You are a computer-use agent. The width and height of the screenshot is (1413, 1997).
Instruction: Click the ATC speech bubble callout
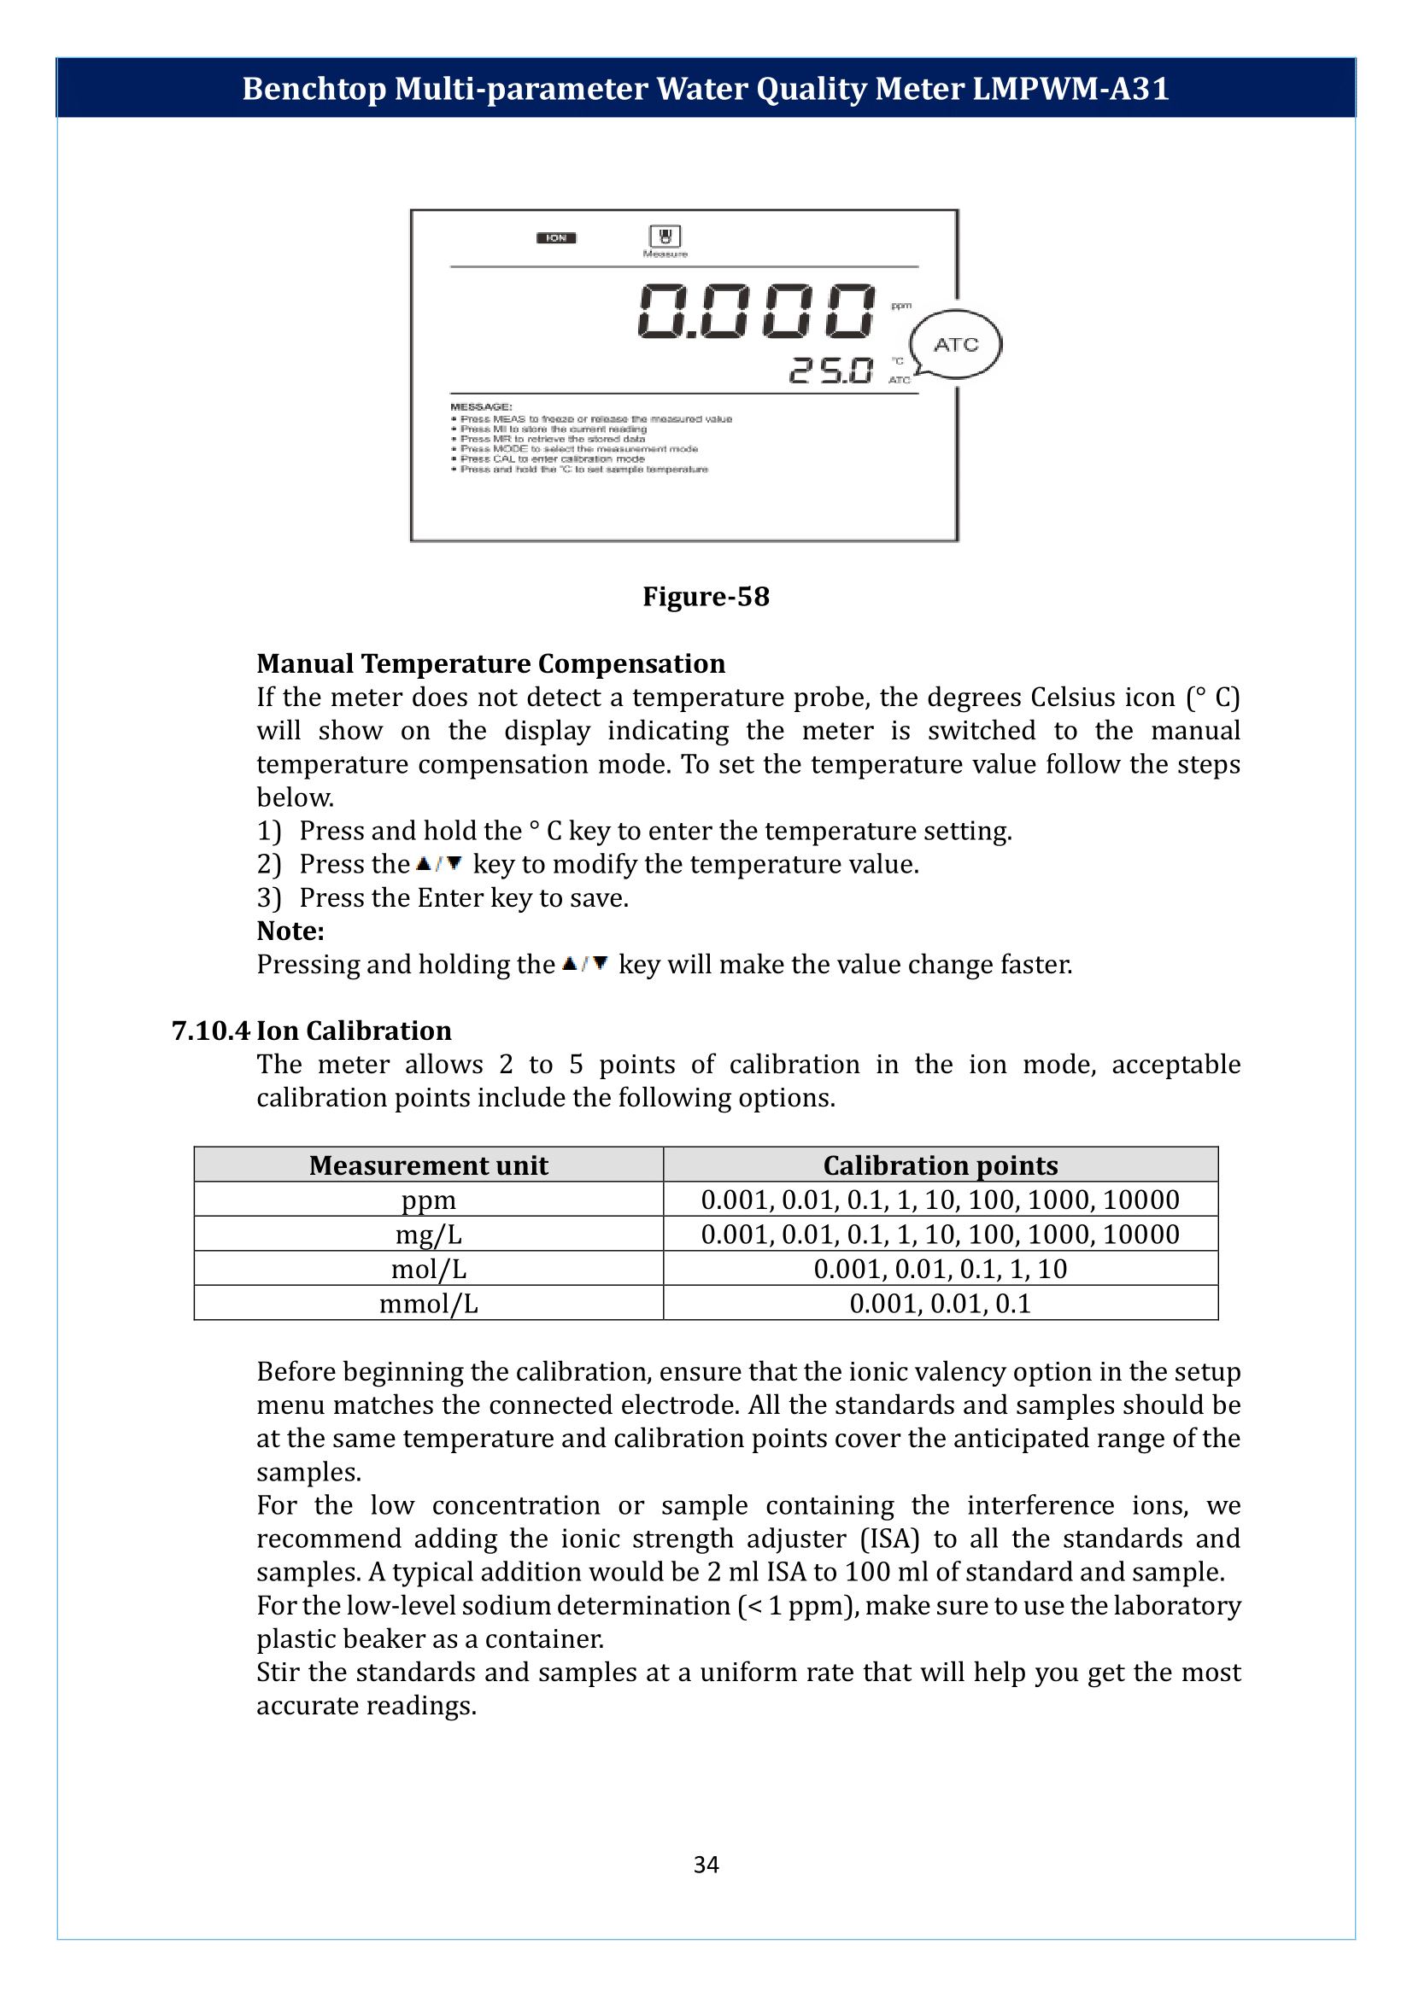click(955, 344)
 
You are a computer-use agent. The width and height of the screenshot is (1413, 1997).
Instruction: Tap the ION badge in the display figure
click(556, 238)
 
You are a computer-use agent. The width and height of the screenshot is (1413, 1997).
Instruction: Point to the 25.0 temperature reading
click(831, 371)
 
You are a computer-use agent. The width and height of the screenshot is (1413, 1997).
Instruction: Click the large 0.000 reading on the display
click(756, 312)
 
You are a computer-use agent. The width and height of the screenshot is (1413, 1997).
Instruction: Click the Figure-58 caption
click(706, 597)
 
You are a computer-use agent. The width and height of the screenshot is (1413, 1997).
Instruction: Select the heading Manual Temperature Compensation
click(490, 663)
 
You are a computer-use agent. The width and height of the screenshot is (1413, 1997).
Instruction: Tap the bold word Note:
click(290, 931)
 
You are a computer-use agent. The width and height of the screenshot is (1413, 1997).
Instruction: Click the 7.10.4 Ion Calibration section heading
click(312, 1031)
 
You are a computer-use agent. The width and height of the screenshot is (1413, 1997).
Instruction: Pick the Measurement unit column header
click(428, 1165)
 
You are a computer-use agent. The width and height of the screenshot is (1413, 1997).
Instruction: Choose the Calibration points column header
click(940, 1165)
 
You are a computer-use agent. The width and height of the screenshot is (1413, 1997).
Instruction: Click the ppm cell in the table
click(428, 1200)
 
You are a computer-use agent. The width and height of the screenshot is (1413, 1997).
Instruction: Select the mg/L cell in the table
click(428, 1235)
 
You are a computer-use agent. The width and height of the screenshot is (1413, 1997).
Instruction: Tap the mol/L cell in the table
click(428, 1269)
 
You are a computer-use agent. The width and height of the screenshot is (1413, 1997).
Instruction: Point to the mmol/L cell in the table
click(428, 1304)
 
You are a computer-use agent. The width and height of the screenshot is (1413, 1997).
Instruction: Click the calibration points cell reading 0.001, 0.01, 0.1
click(940, 1304)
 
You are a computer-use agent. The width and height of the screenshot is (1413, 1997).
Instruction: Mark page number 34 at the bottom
click(706, 1864)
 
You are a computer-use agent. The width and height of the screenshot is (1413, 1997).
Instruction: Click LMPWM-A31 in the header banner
click(1070, 89)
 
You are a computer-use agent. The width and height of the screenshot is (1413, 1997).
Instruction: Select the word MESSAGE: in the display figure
click(481, 407)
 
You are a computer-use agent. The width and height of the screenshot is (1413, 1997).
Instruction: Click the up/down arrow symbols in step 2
click(439, 864)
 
